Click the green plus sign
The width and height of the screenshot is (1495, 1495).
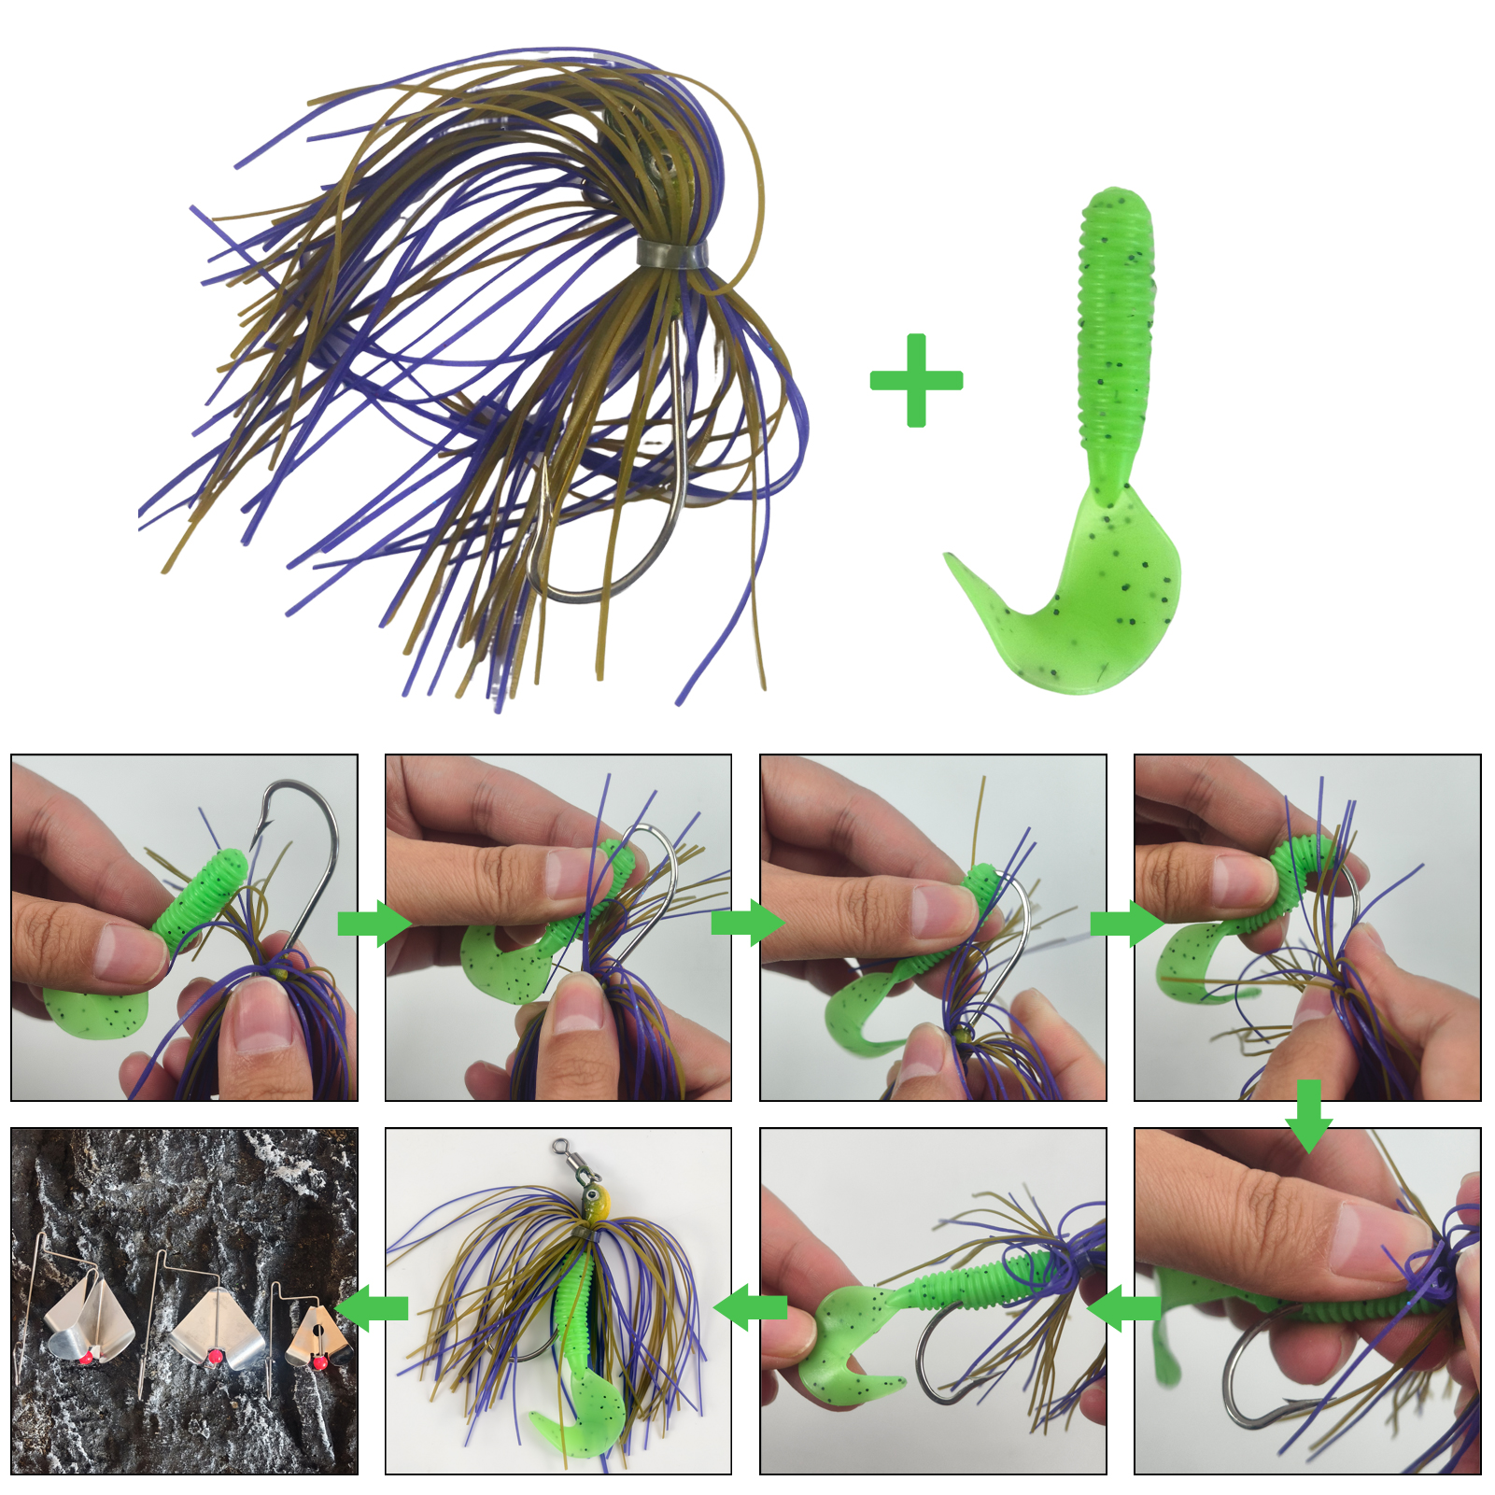[x=916, y=380]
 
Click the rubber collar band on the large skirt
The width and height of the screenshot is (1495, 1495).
[x=671, y=253]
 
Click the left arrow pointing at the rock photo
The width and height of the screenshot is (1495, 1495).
[x=373, y=1307]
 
